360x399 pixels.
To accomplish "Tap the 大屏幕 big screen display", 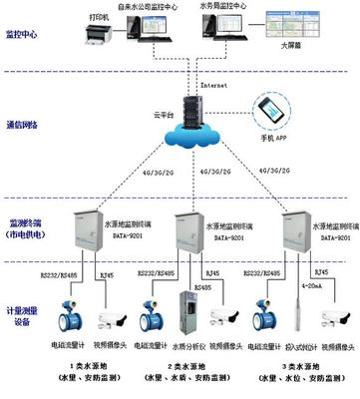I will click(x=295, y=39).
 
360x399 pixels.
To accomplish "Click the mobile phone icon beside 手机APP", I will click(x=268, y=110).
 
